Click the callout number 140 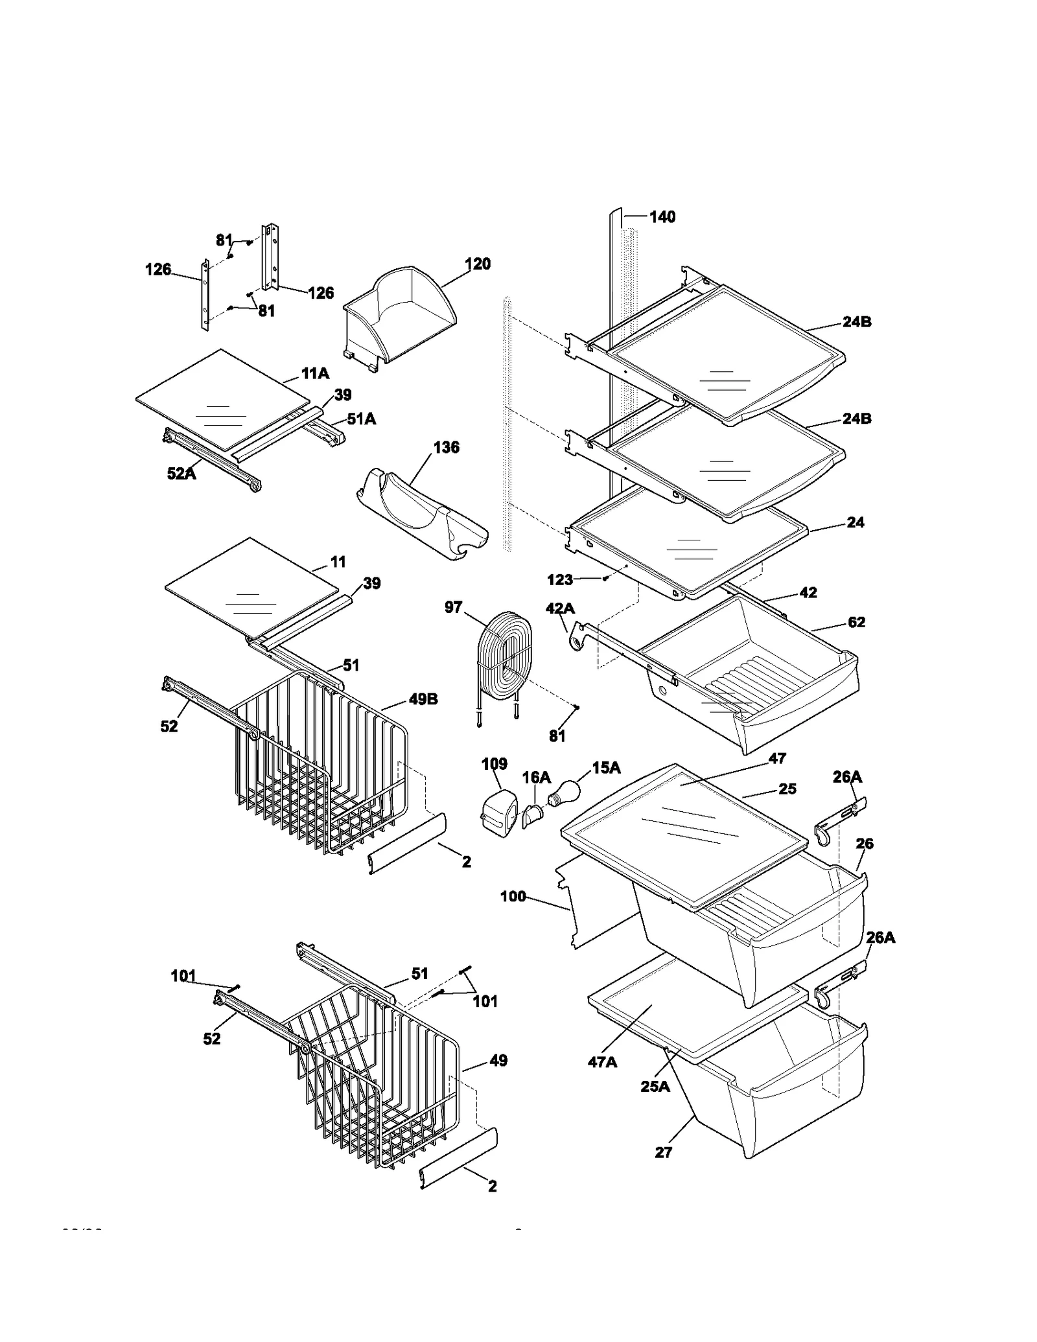pos(662,217)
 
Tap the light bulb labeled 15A pos(563,792)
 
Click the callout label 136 pos(446,448)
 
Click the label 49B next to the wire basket pos(423,699)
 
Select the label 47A pos(601,1061)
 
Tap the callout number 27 pos(663,1152)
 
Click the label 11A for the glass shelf pos(315,374)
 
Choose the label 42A pos(560,608)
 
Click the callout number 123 pos(560,579)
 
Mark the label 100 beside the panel pos(513,897)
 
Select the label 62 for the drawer pos(856,622)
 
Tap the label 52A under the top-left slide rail pos(181,474)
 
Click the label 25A pos(655,1087)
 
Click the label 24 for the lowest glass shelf pos(856,522)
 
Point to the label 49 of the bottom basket pos(498,1061)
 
